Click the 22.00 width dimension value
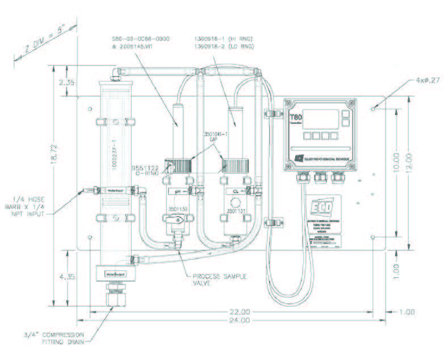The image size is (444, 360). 239,312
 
